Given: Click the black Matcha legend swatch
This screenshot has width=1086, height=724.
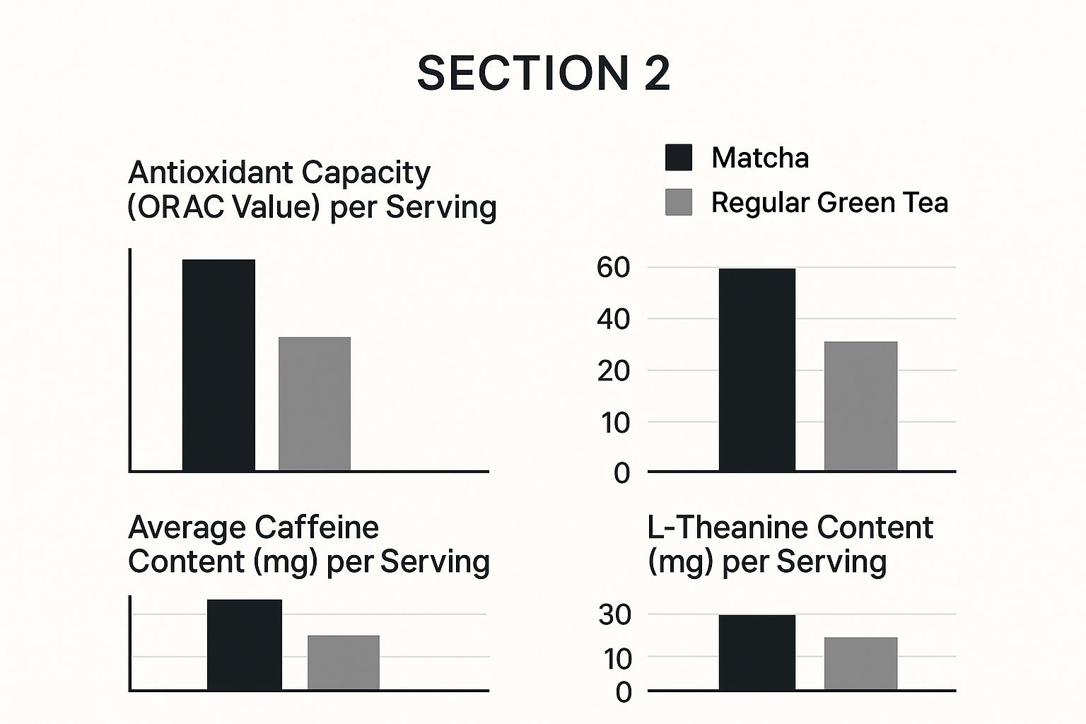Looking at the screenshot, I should coord(678,157).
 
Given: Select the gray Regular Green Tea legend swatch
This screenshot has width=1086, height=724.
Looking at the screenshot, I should coord(678,202).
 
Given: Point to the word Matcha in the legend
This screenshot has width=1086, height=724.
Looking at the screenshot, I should coord(760,157).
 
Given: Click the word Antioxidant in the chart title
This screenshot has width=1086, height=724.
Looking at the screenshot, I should coord(210,173).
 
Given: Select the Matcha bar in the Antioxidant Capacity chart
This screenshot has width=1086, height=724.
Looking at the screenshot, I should coord(218,365).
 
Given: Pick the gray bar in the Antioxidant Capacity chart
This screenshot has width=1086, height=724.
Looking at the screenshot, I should coord(315,404).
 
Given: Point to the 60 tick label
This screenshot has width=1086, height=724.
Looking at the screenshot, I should coord(613,267).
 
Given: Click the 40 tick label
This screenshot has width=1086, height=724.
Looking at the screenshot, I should coord(613,319).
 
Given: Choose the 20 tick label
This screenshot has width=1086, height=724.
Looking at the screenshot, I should coord(613,370).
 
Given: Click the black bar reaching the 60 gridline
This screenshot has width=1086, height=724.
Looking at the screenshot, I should coord(757,370).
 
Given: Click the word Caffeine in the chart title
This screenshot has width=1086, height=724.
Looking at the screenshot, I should coord(316,527).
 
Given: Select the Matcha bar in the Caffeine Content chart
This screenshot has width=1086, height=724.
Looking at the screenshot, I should coord(244,644).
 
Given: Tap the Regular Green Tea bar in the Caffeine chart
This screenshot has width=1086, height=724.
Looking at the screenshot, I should coord(343,662).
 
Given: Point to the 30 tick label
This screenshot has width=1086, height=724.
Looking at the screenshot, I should coord(614,615).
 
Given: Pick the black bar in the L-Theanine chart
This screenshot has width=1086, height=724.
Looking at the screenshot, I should coord(757,652).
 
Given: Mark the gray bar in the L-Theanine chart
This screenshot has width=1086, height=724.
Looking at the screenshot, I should coord(860,663).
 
